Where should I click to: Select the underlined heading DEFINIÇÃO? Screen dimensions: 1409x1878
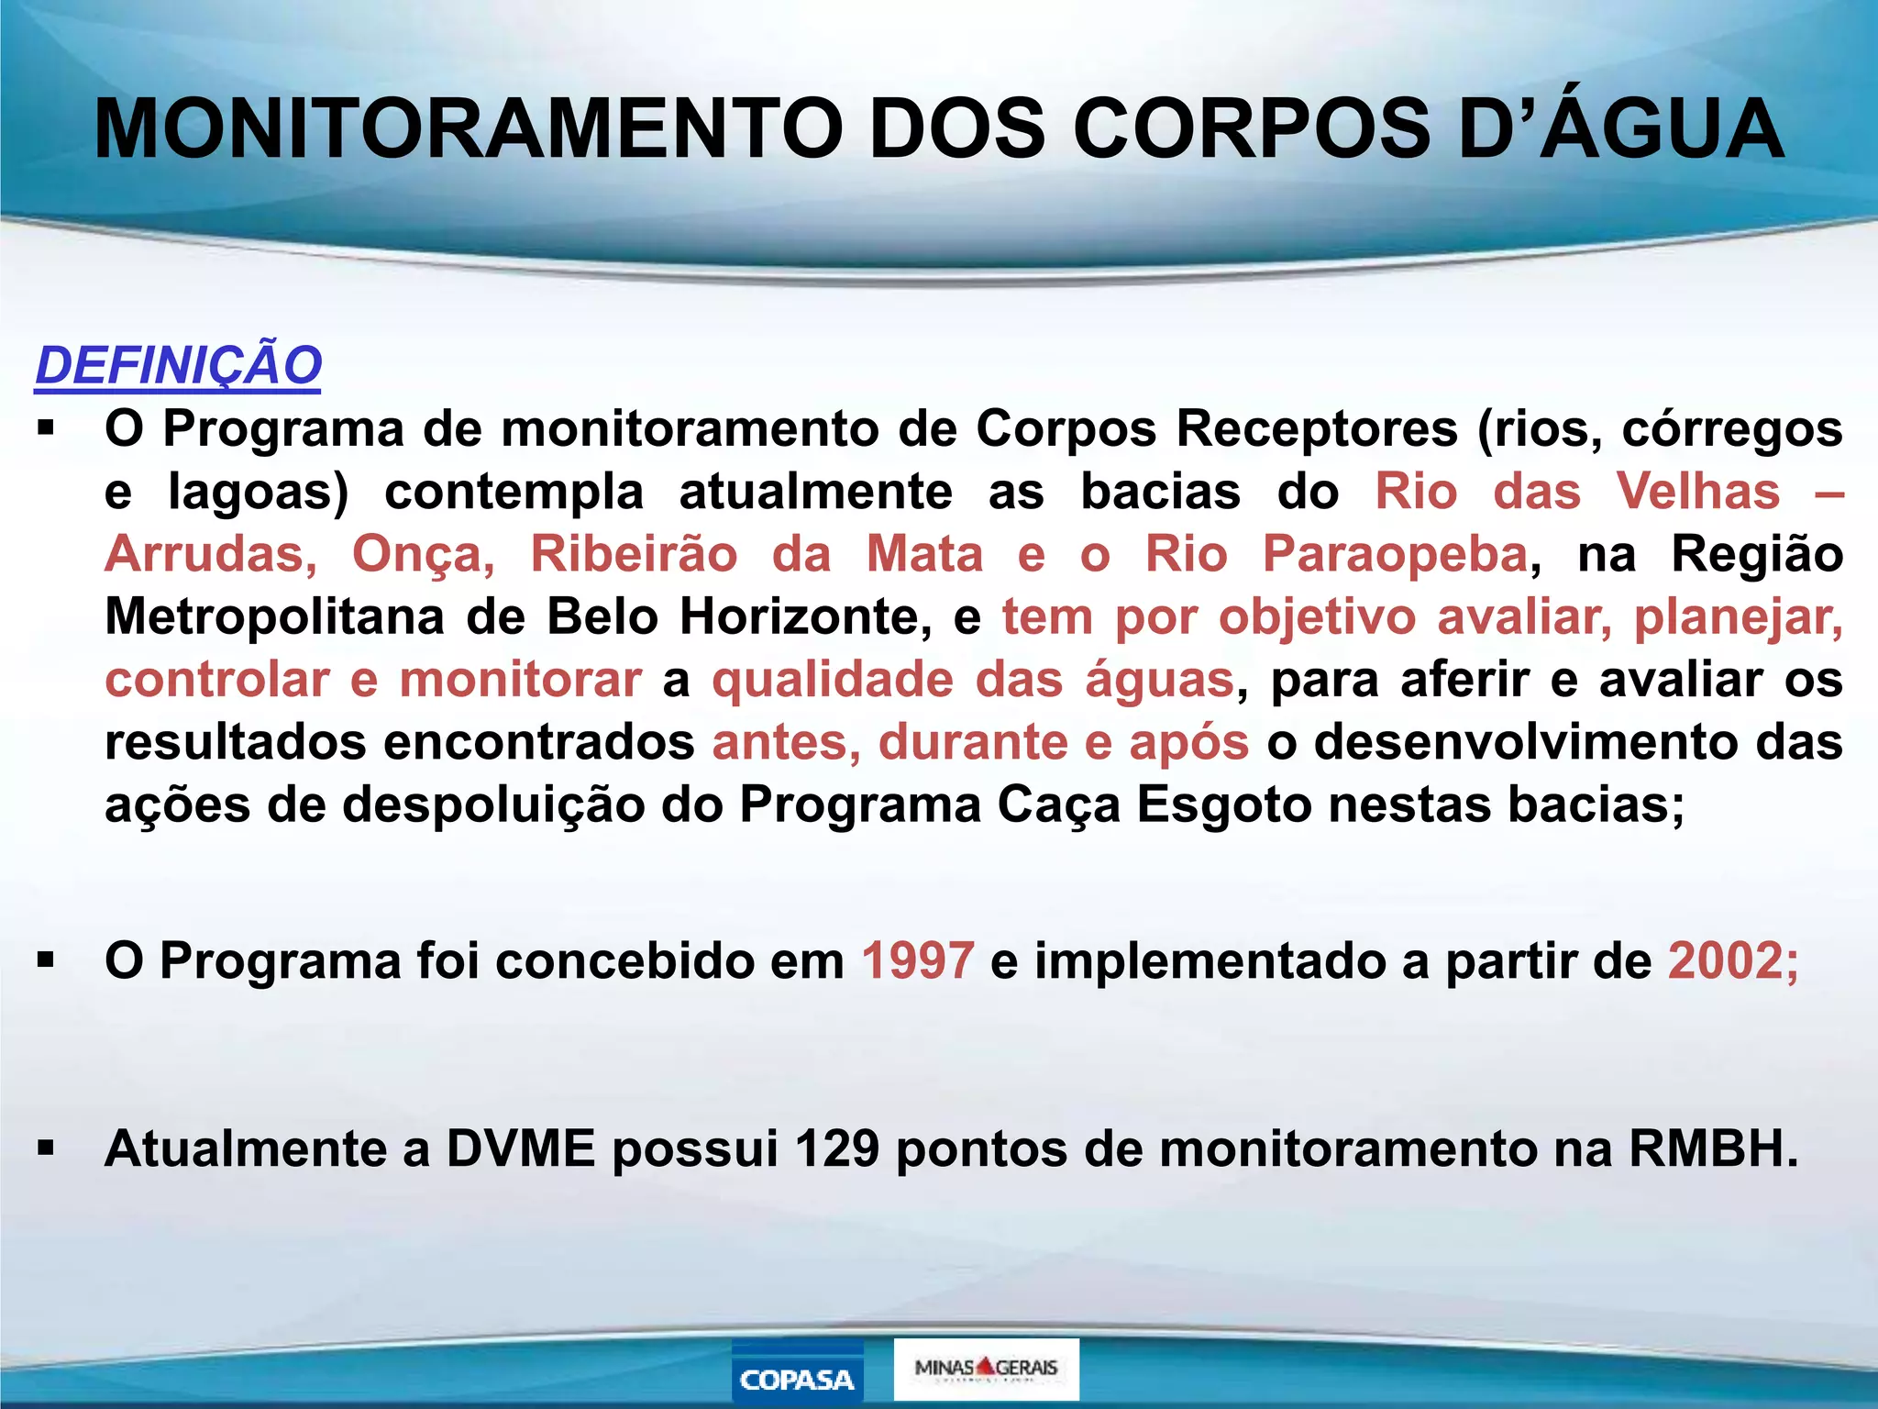point(178,365)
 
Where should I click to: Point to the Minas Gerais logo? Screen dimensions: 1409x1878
point(986,1369)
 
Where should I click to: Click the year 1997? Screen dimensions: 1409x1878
point(917,960)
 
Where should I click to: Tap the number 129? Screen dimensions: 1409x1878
point(836,1148)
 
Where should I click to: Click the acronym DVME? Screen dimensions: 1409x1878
point(521,1148)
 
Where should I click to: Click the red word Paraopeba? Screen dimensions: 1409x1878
point(1395,554)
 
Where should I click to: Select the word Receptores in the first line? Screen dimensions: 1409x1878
point(1317,428)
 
